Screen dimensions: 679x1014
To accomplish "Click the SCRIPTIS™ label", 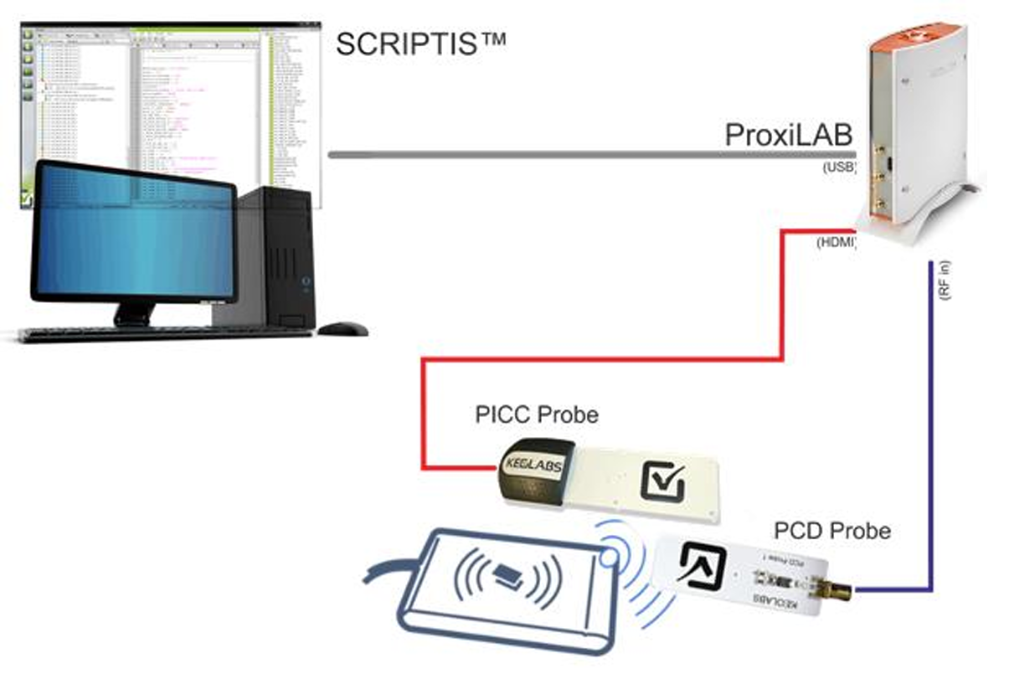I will [x=420, y=44].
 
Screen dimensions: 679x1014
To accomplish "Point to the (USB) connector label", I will [x=839, y=167].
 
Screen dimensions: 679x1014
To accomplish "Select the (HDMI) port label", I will [x=836, y=243].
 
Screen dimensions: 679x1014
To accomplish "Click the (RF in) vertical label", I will [x=945, y=281].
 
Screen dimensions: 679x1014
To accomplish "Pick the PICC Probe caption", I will [x=537, y=414].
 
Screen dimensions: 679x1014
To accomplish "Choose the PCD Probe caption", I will [x=831, y=531].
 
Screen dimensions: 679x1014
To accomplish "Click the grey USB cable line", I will [x=586, y=155].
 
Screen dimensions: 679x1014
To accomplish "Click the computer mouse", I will [x=342, y=329].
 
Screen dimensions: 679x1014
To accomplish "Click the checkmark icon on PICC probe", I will [x=662, y=482].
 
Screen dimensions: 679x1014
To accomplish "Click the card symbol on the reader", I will [x=507, y=574].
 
